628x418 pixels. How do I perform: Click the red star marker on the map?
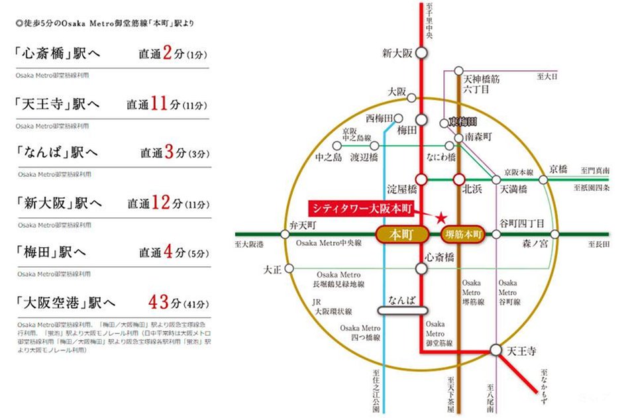tap(441, 217)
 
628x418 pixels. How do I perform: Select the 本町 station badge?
tap(400, 234)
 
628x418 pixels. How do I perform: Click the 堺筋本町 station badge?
tap(462, 234)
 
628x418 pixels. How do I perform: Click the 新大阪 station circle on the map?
tap(421, 53)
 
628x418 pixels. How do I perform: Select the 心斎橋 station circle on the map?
tap(421, 268)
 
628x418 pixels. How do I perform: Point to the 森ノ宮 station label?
tap(535, 244)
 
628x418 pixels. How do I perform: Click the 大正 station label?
tap(273, 269)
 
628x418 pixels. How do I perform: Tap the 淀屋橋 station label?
tap(401, 189)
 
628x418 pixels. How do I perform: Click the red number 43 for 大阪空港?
tap(160, 302)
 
